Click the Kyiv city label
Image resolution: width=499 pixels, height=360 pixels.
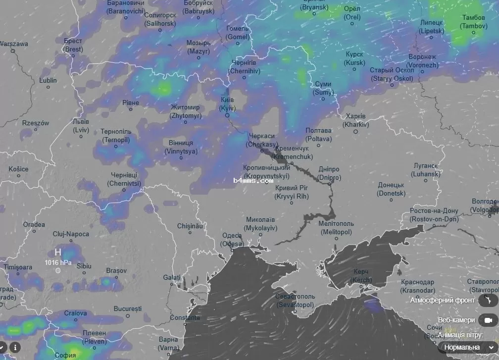click(227, 103)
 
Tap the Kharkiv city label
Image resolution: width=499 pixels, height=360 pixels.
click(356, 120)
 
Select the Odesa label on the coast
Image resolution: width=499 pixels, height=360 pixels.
click(232, 240)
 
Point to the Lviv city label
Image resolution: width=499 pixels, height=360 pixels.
click(81, 126)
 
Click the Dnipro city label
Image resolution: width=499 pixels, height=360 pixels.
click(329, 173)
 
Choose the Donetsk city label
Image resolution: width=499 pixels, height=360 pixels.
click(391, 189)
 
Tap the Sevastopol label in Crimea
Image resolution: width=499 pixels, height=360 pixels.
click(295, 300)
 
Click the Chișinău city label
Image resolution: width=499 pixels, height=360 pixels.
click(191, 226)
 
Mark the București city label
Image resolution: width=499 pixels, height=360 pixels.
click(128, 309)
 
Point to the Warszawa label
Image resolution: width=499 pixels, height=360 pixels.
click(14, 44)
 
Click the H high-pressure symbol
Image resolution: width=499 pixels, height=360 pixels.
click(58, 252)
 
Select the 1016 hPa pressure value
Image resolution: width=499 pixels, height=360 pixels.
click(58, 262)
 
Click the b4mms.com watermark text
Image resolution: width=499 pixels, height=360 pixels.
click(253, 181)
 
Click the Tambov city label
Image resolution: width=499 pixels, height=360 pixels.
click(474, 21)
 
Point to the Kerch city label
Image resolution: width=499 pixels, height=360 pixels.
click(361, 276)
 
